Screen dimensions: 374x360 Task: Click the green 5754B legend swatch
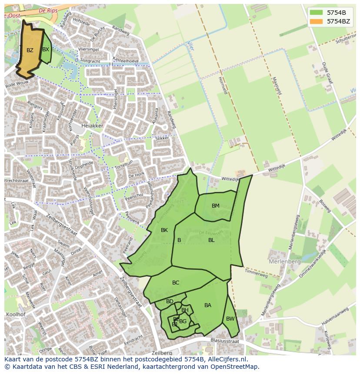pos(317,13)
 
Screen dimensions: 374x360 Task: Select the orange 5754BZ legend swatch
pos(317,21)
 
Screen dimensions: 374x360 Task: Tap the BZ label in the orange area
pos(30,50)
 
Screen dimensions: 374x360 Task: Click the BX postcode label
pos(46,50)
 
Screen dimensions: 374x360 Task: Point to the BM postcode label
pos(216,206)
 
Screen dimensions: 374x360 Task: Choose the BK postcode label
pos(164,230)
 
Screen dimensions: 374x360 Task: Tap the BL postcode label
pos(211,240)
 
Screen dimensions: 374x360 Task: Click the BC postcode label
pos(176,283)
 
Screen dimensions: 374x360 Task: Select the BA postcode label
pos(208,305)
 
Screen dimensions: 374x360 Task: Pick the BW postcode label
pos(230,319)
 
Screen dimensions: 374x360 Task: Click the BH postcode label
pos(185,310)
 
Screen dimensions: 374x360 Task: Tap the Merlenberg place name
pos(285,262)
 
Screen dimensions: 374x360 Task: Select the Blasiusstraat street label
pos(224,341)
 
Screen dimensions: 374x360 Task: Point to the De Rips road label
pos(48,10)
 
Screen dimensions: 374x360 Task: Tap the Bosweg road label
pos(325,206)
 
